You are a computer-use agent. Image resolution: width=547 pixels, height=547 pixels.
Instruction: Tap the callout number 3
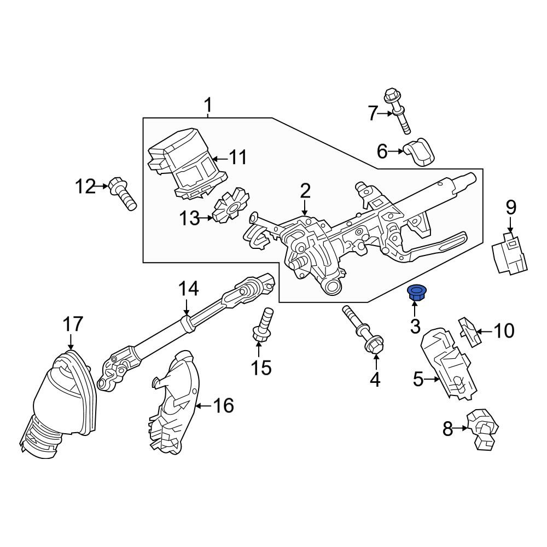tap(415, 327)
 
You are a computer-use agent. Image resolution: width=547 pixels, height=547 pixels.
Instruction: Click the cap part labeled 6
tap(419, 152)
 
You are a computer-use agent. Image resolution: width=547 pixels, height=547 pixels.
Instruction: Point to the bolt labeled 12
tap(122, 194)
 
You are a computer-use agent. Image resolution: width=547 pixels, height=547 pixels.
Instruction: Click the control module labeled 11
tap(188, 163)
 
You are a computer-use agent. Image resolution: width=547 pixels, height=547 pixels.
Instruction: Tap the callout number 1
tap(208, 106)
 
